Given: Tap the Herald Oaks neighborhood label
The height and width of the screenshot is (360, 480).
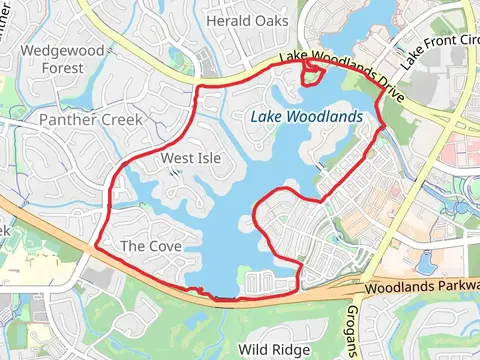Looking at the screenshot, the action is point(246,20).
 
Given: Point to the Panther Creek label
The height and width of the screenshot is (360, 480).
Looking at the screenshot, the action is point(91,120).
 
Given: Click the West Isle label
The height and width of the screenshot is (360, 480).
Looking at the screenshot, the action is point(191,158).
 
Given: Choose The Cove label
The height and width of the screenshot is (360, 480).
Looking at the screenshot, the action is point(146,245).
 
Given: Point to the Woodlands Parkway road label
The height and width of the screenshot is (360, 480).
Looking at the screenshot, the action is point(420,289).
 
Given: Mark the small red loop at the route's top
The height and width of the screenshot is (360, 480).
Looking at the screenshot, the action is point(313,73).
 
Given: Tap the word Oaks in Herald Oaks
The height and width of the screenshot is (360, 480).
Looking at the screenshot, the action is point(269,20).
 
